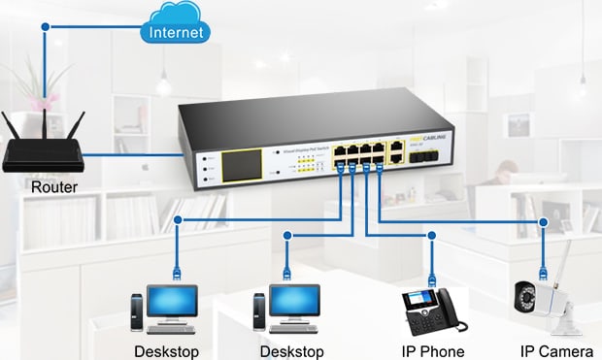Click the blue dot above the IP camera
click(x=544, y=222)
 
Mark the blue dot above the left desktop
click(x=177, y=221)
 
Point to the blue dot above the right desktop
click(x=288, y=234)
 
